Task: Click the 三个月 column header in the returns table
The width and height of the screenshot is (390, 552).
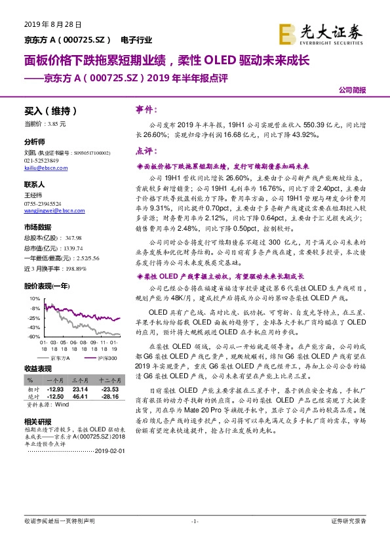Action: click(79, 380)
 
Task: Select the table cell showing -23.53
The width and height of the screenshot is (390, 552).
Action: click(109, 389)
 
